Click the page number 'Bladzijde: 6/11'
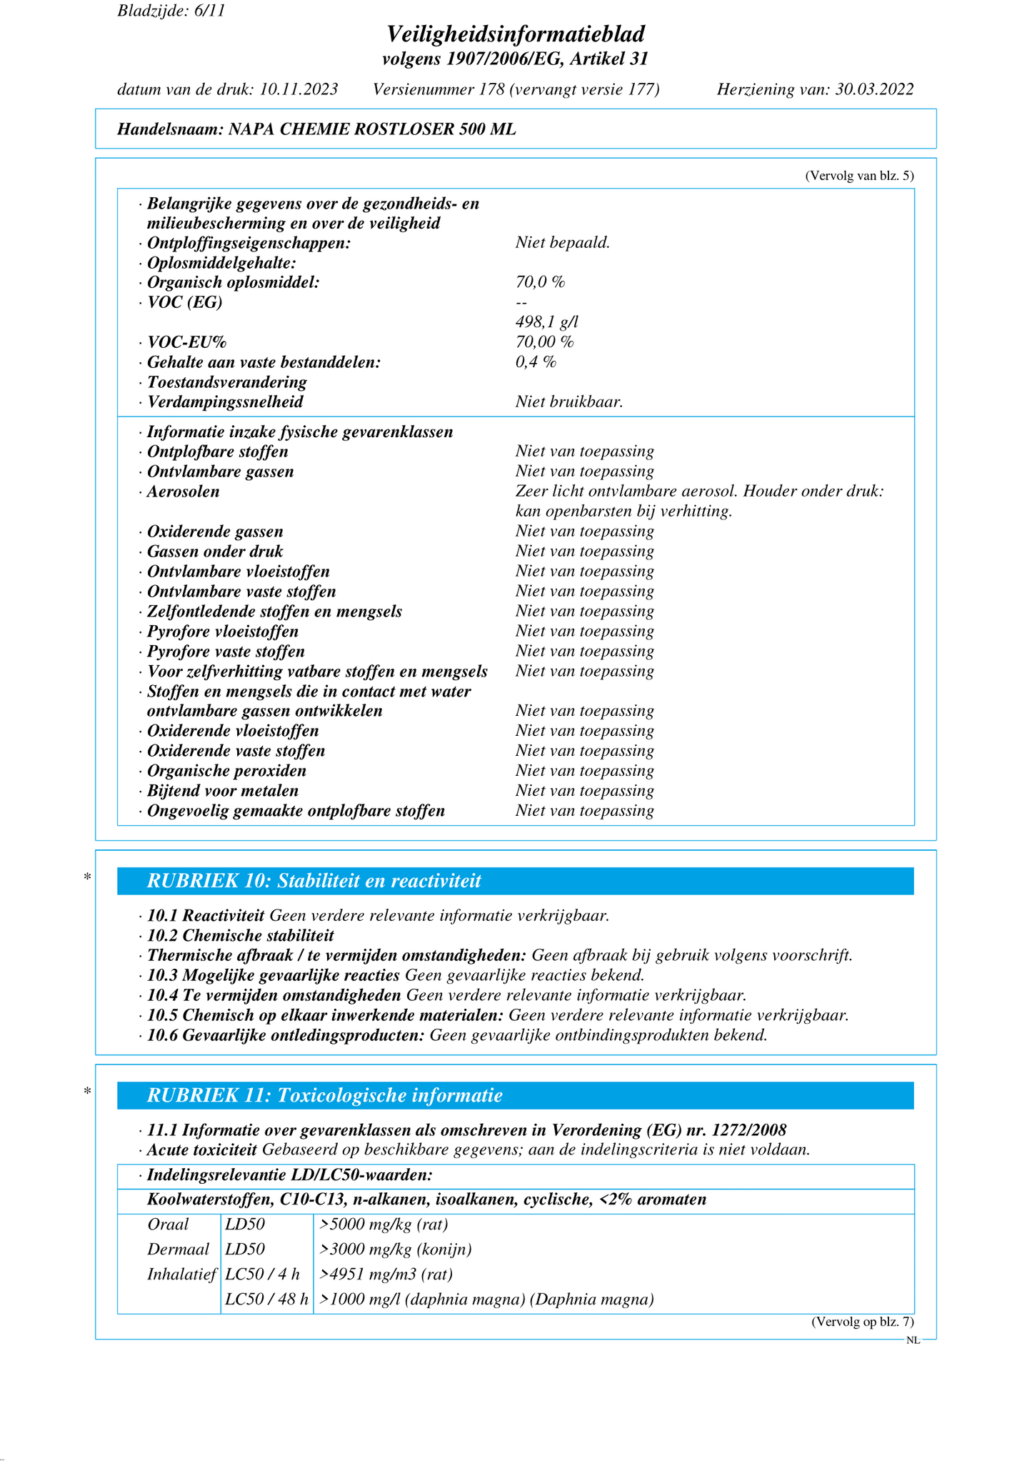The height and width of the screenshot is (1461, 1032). (171, 11)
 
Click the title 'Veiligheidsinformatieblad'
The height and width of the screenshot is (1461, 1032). (516, 34)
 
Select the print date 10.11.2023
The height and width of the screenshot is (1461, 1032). (299, 89)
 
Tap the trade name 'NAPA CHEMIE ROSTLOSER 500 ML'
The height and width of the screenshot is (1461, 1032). (372, 129)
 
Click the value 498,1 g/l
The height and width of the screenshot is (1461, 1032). (546, 322)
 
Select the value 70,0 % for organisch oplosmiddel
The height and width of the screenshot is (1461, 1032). (540, 282)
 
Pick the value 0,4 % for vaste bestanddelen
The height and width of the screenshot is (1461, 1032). (536, 361)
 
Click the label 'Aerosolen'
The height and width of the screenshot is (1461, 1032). (183, 492)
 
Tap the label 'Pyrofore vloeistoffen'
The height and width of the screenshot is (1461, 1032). (222, 632)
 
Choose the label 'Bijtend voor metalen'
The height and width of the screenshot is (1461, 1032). (222, 791)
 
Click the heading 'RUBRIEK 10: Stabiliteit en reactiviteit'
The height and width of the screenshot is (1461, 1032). (314, 881)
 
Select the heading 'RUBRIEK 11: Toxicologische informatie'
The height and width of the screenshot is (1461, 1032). (324, 1095)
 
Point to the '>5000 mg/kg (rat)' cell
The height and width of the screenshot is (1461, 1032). (384, 1225)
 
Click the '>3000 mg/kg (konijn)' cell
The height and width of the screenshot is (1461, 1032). (396, 1250)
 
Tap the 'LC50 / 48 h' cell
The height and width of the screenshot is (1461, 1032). (266, 1300)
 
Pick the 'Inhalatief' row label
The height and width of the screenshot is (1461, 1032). (181, 1275)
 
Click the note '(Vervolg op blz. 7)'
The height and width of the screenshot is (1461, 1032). (862, 1322)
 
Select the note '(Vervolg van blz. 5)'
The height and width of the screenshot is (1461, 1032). (859, 176)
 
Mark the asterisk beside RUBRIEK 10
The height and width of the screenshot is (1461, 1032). (87, 877)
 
